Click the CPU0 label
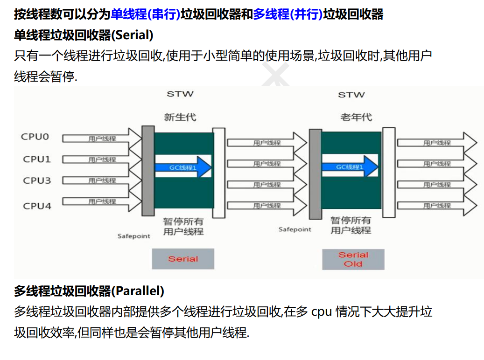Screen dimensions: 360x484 pos(35,137)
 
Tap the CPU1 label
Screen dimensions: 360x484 pos(37,159)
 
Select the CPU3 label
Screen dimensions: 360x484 pos(37,181)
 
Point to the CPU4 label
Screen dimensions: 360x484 pos(37,206)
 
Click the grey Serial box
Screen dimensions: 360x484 pos(183,259)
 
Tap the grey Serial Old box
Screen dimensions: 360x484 pos(353,259)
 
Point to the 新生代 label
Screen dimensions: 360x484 pos(180,118)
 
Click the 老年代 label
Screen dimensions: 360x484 pos(356,118)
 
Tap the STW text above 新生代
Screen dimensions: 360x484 pos(180,94)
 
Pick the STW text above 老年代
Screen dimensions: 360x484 pos(351,95)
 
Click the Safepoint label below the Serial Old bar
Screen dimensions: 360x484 pos(295,229)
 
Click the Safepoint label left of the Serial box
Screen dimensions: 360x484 pos(133,236)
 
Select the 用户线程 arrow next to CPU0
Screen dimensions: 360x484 pos(102,138)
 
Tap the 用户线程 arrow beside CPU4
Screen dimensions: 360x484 pos(102,201)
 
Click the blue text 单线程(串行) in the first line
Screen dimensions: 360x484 pos(145,14)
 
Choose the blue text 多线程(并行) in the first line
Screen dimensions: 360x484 pos(288,14)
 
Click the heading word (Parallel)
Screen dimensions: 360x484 pos(138,291)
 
